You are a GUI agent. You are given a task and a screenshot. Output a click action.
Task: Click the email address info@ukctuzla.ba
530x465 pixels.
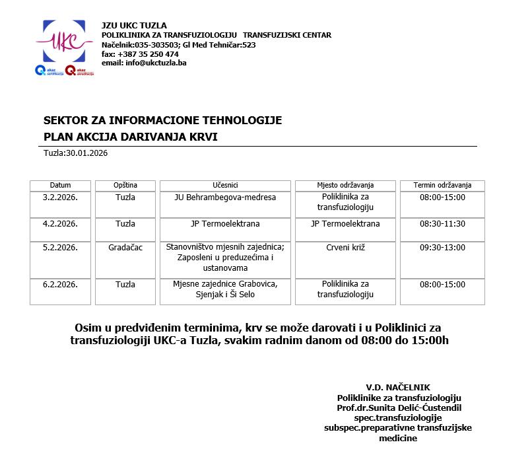(x=144, y=63)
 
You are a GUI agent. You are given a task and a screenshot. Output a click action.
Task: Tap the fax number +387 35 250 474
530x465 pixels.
(x=140, y=54)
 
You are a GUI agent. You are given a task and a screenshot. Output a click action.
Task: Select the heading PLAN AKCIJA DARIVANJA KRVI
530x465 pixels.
(x=130, y=137)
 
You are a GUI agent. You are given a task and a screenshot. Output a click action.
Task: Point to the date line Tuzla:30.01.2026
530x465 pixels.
(x=75, y=153)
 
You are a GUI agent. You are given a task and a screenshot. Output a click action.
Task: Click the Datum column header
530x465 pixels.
(x=60, y=186)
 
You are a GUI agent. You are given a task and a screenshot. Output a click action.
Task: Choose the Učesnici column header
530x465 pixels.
(x=225, y=186)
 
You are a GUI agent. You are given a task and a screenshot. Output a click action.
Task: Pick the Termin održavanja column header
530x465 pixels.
(x=442, y=186)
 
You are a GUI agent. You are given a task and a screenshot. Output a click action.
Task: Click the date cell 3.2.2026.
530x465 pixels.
(x=60, y=197)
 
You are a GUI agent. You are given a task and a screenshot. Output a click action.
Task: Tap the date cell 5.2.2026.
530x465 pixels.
(x=60, y=248)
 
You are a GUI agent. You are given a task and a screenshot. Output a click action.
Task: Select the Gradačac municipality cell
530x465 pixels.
(x=125, y=248)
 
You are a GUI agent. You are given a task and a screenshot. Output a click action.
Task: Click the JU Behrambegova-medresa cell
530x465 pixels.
(x=225, y=197)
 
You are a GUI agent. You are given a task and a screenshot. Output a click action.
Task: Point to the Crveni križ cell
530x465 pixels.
(x=345, y=248)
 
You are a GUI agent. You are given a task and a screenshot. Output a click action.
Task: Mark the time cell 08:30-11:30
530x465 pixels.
(x=442, y=224)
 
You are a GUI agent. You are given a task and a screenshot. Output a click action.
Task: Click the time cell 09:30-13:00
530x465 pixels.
(x=442, y=248)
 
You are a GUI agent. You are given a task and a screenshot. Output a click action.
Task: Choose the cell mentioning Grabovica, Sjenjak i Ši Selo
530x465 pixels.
(x=225, y=289)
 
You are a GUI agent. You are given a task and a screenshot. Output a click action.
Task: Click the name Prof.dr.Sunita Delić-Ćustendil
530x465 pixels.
(x=399, y=408)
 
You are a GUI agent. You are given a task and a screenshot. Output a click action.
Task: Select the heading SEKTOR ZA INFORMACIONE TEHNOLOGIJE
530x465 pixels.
(x=162, y=120)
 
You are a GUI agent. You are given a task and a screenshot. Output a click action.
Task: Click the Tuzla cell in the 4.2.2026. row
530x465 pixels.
(x=125, y=224)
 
